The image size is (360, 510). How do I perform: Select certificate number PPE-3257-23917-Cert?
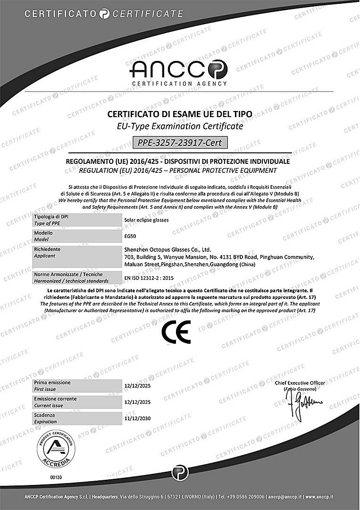(x=179, y=142)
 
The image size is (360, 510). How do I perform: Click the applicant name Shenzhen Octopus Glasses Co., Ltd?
(x=167, y=249)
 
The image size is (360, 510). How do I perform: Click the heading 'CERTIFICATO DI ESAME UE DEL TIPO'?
(x=180, y=114)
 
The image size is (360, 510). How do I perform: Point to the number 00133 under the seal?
(x=56, y=477)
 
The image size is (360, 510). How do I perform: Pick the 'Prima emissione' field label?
(x=52, y=382)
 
